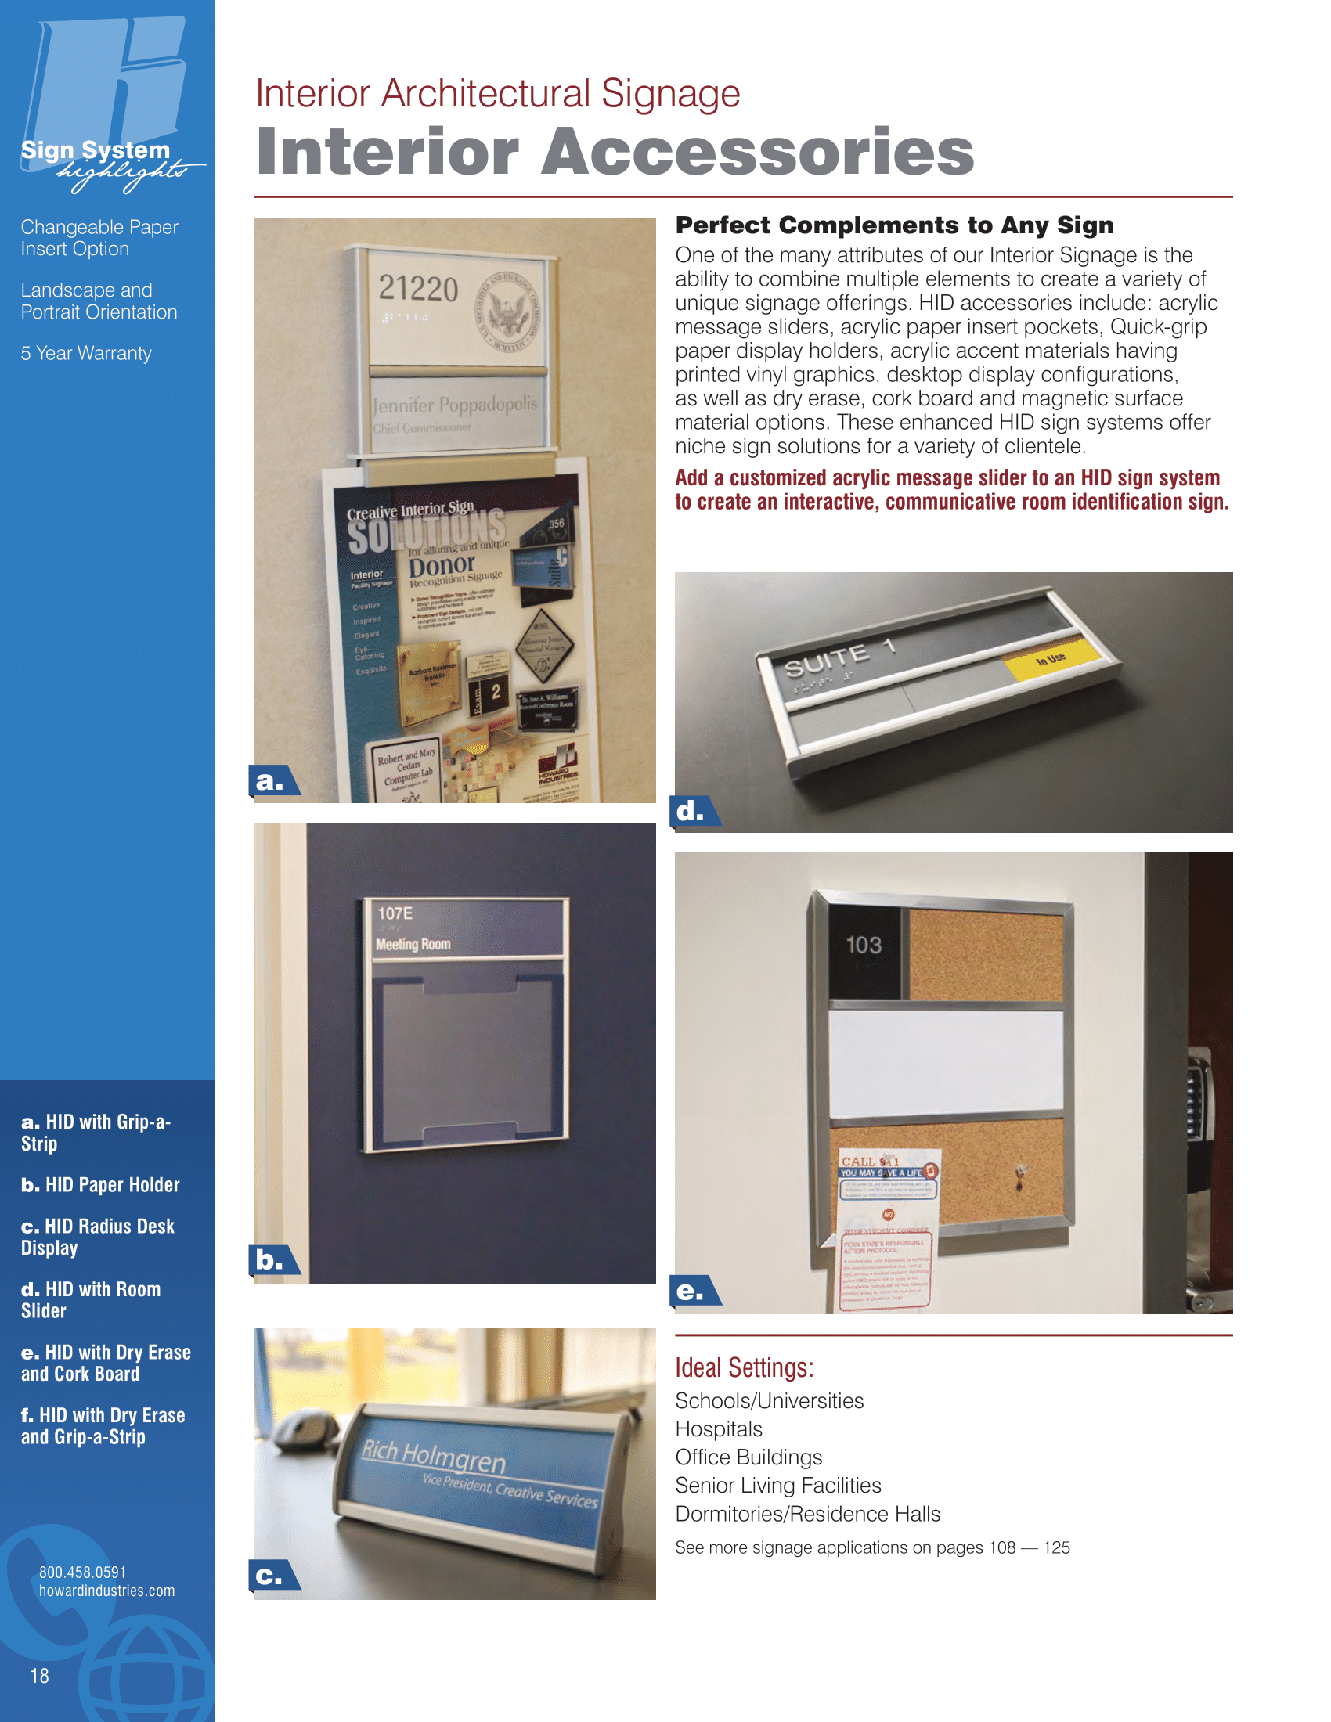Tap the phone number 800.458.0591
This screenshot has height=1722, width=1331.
(x=83, y=1572)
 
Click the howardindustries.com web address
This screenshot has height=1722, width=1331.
(x=107, y=1591)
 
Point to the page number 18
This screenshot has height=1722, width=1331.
(x=39, y=1677)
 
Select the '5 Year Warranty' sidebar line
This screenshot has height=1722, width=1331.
(x=86, y=353)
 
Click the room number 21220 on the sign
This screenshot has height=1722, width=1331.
(x=418, y=289)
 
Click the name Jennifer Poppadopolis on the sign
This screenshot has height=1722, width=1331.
(x=455, y=405)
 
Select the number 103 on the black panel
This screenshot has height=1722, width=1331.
(x=864, y=946)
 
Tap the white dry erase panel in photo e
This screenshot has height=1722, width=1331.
(x=946, y=1061)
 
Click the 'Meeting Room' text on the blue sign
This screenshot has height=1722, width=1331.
(x=413, y=945)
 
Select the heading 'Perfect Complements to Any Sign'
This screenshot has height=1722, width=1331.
(x=894, y=225)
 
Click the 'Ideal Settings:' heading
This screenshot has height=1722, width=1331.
(x=744, y=1368)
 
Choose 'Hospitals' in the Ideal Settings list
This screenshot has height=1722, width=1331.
(x=718, y=1428)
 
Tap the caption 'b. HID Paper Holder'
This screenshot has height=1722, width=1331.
(x=100, y=1185)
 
